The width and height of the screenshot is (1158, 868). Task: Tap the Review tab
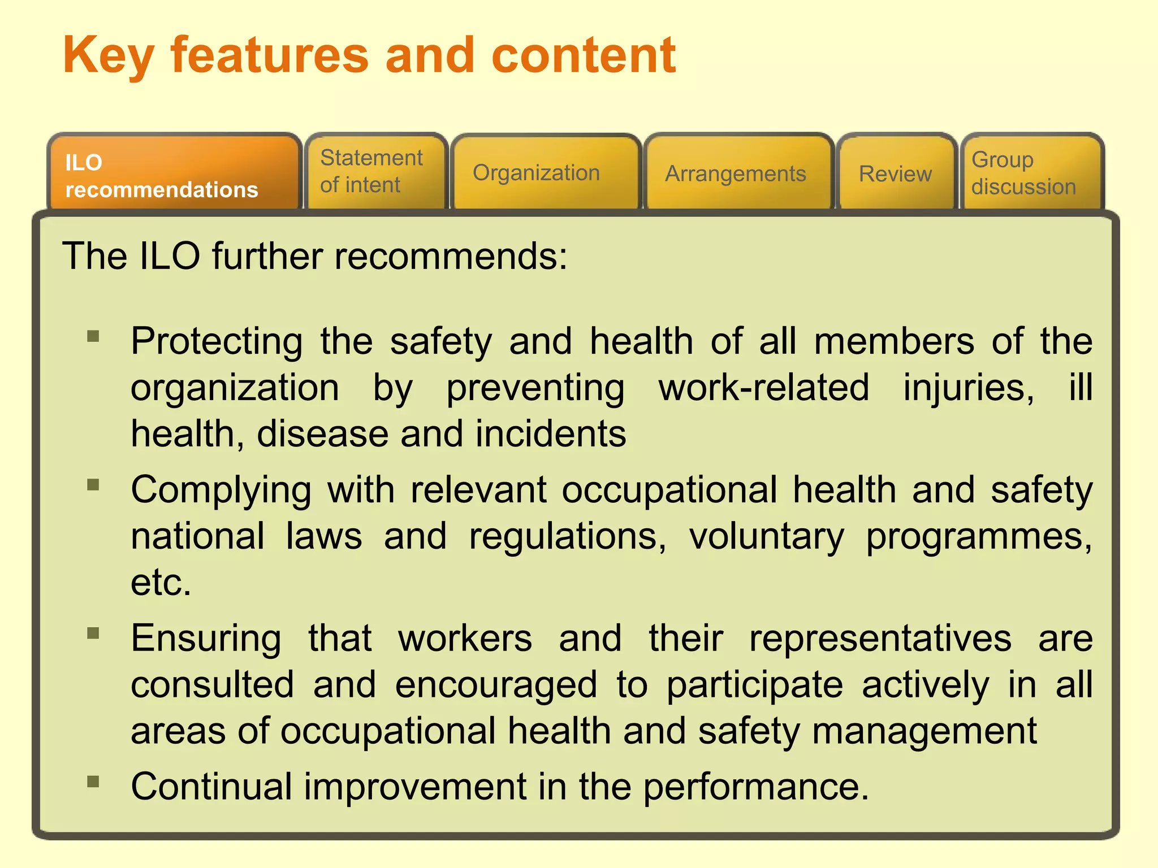coord(896,173)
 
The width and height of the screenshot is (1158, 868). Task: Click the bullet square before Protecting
coord(93,337)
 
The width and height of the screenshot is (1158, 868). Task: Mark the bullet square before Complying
coord(93,485)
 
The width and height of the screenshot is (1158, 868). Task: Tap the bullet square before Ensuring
coord(93,633)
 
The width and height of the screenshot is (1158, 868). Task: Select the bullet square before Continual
coord(93,782)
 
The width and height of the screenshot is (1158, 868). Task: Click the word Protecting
coord(217,342)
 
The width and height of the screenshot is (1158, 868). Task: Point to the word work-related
coord(763,388)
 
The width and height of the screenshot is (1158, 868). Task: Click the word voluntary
coord(766,537)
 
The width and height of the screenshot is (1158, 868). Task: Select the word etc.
coord(161,583)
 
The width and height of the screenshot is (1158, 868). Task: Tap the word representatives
coord(880,639)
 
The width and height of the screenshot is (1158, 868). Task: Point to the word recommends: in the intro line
coord(451,257)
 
